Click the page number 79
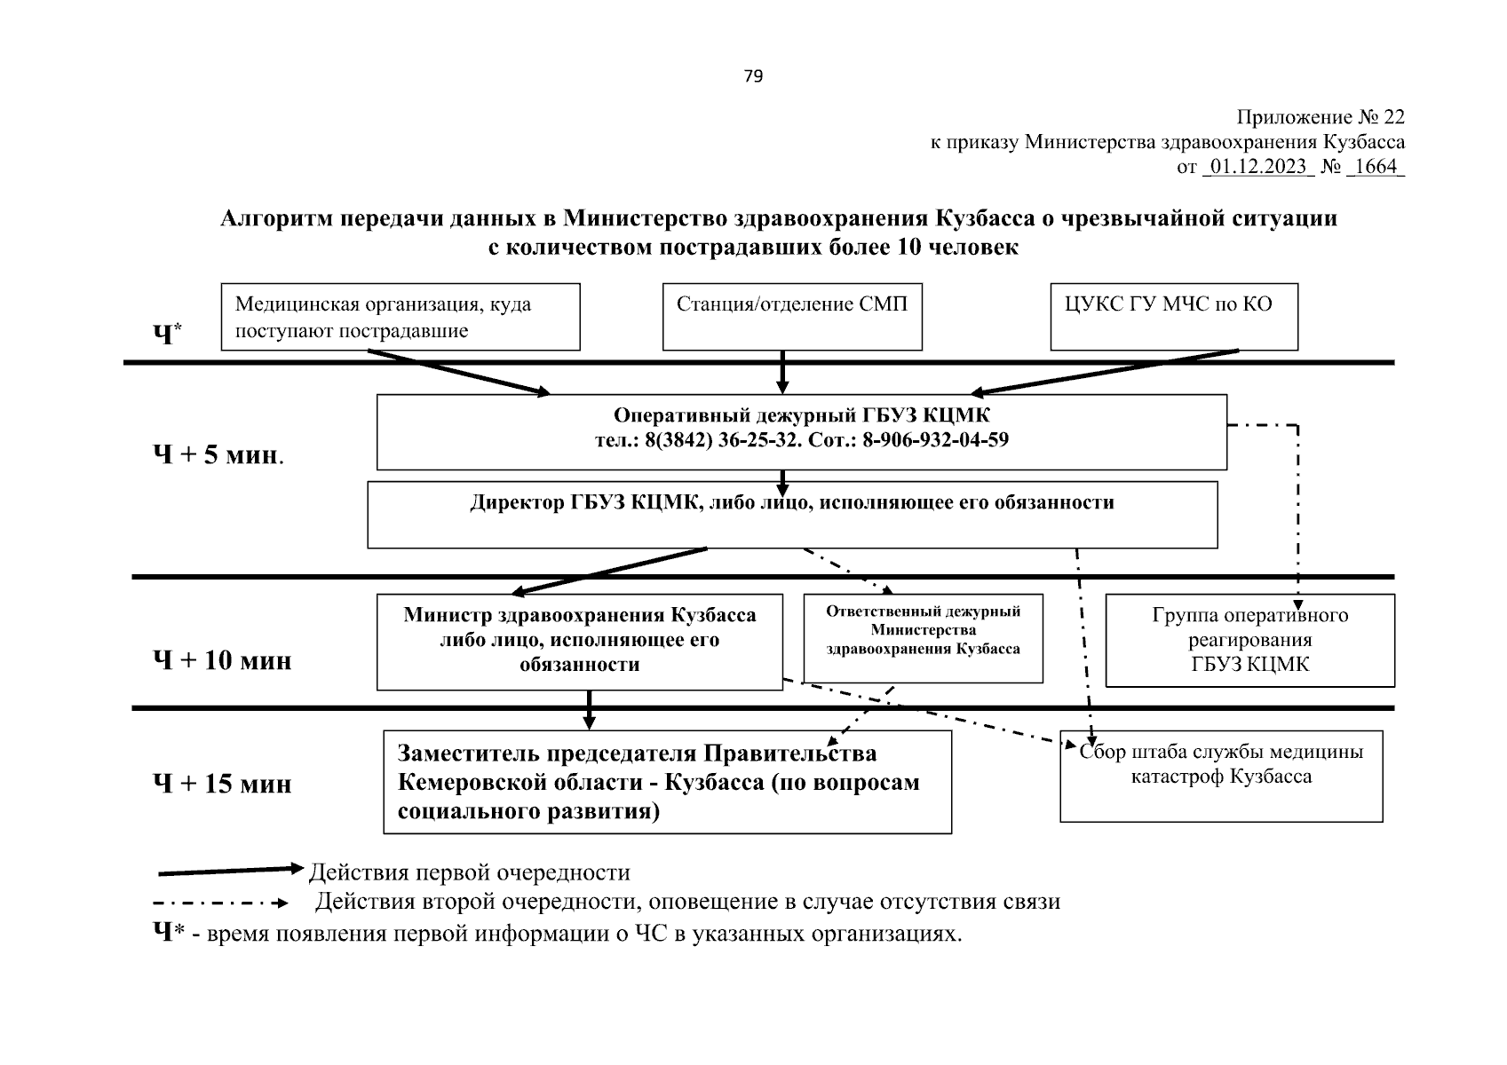752,76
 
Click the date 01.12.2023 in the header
1257,167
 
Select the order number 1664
1376,167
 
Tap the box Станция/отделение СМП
792,317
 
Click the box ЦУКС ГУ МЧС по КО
1173,317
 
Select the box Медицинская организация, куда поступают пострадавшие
400,317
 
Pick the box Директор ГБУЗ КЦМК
791,516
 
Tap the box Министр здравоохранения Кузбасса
579,641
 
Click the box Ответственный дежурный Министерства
923,637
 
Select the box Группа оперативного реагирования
1249,640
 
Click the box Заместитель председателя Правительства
667,782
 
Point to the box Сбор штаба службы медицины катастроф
1221,776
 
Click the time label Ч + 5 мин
218,456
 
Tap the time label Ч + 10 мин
222,660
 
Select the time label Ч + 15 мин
222,784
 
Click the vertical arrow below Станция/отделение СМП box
782,371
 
